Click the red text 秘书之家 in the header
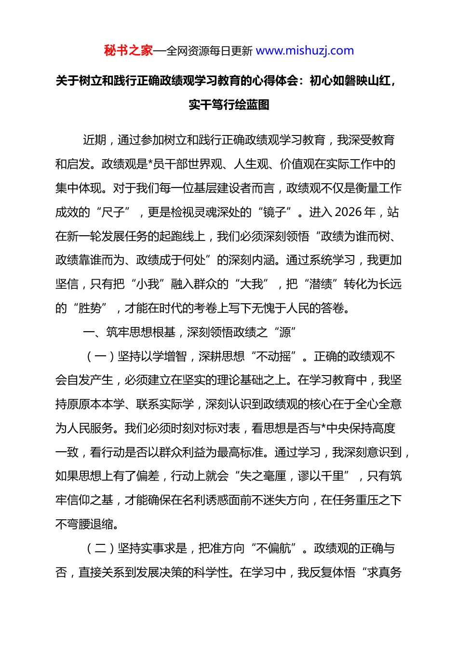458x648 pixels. point(128,51)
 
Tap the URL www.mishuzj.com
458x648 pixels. point(305,51)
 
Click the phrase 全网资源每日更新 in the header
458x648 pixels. point(209,51)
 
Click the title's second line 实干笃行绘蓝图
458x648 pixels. point(229,105)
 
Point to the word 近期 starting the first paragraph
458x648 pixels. point(94,140)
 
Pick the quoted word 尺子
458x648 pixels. point(114,212)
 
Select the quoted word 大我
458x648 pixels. point(252,284)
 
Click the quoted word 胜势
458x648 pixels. point(90,308)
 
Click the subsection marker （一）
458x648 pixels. point(100,356)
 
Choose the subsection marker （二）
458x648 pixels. point(100,548)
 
